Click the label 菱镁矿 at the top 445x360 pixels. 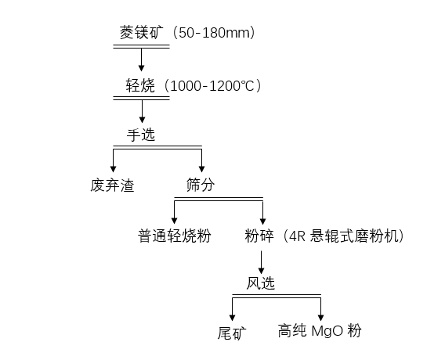coord(142,33)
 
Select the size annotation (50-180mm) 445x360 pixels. coord(213,33)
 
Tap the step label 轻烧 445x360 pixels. coord(140,85)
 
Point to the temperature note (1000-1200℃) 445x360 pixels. coord(212,85)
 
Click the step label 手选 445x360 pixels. coord(141,135)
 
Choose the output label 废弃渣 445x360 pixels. coord(112,185)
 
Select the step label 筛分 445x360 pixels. coord(201,185)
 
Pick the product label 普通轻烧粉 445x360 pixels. coord(174,236)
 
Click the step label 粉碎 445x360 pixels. coord(259,236)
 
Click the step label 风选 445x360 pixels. coord(261,283)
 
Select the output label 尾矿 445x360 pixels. coord(232,333)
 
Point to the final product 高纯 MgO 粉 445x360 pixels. coord(320,331)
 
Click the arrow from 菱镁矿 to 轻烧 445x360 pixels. coord(141,59)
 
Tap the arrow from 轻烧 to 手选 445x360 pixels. coord(142,111)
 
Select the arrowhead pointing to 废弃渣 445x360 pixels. coord(114,169)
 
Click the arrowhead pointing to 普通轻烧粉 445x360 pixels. coord(175,221)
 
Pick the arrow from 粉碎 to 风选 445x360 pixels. coord(261,262)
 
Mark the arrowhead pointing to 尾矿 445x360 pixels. coord(233,318)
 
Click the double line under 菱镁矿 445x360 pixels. coord(141,46)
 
